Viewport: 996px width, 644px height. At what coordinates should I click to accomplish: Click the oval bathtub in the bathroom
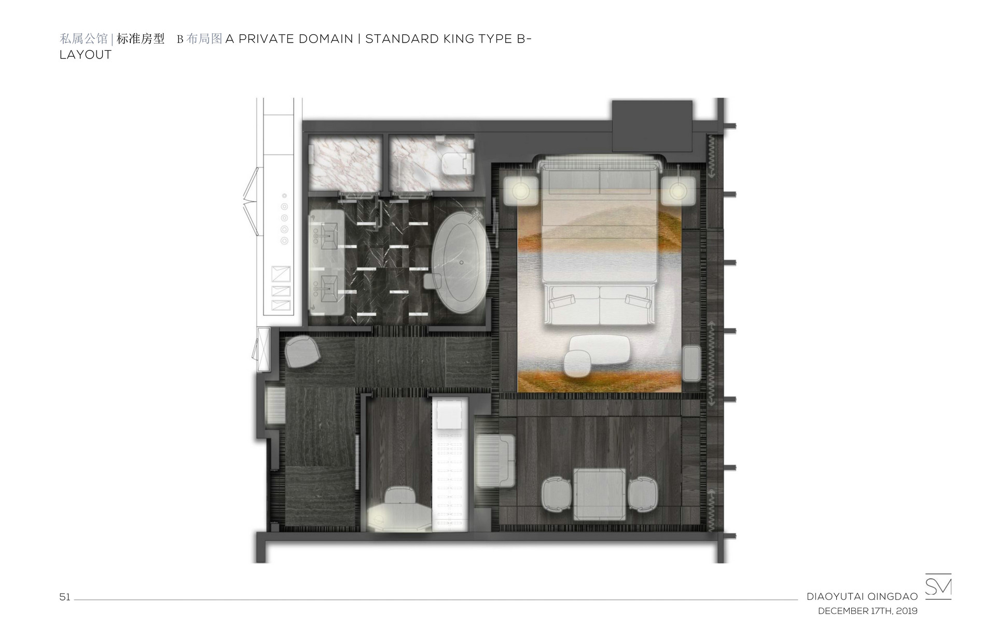461,263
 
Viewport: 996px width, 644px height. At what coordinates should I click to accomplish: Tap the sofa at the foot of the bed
600,306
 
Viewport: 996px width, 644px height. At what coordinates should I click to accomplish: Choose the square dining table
600,494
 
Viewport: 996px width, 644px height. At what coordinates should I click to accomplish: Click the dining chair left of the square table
556,494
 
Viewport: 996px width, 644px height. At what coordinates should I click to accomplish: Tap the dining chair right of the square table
643,494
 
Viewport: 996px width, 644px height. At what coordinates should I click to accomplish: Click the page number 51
65,597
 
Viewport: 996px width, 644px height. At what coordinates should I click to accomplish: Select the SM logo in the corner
938,586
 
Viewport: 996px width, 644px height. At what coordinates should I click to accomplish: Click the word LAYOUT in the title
86,55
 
